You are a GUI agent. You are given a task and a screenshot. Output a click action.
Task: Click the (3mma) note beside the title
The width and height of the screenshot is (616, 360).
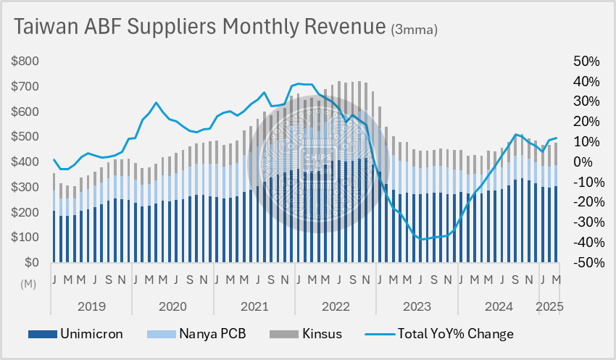[x=414, y=30]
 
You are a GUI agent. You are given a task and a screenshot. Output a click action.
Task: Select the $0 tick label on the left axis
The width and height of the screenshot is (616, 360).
[x=30, y=262]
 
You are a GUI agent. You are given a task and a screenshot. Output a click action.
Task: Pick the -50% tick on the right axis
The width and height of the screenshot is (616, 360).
[x=582, y=262]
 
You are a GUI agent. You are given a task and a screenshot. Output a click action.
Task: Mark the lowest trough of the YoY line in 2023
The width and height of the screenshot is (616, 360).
[x=422, y=239]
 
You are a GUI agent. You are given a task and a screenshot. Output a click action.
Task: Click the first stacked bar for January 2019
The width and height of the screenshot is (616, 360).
[x=54, y=217]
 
